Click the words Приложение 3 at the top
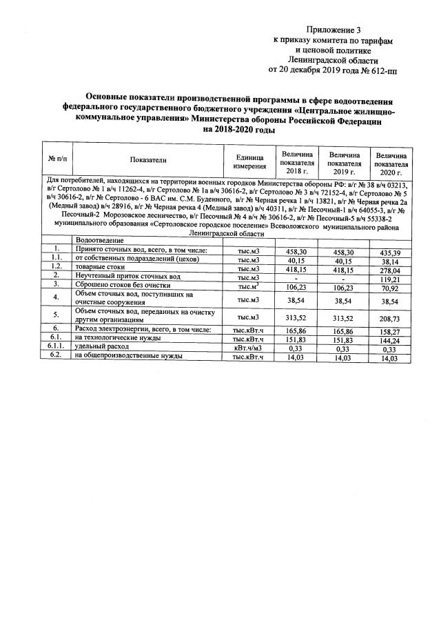(333, 30)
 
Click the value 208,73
(392, 322)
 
